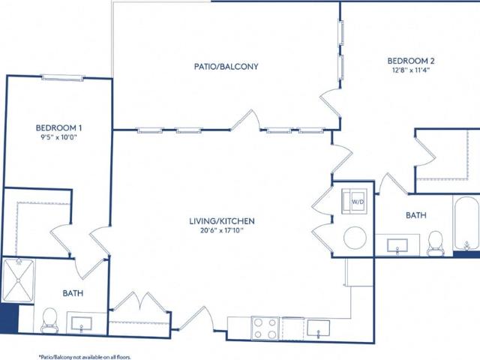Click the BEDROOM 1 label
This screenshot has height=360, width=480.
58,127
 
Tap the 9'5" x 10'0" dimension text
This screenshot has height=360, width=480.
58,137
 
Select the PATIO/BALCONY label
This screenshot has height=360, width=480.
226,67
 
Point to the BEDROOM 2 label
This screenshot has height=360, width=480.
411,61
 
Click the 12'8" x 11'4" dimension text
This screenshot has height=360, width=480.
411,70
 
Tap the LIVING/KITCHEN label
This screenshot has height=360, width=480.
222,221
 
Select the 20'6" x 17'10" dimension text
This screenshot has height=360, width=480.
222,230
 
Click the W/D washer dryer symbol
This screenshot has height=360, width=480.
355,202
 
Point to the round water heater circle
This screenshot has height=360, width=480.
355,238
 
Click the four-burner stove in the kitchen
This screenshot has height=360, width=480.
265,328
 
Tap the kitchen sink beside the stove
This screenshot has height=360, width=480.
318,328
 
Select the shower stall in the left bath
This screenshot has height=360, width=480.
18,280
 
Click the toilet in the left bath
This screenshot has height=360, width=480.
49,320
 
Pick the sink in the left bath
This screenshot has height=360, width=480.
82,324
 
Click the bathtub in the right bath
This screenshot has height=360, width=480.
466,223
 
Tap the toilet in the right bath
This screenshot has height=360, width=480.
435,243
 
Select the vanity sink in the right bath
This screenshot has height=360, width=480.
397,246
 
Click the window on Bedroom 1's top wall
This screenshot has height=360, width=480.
63,78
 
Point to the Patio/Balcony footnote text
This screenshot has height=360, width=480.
85,357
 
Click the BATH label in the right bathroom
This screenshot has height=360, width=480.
416,215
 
